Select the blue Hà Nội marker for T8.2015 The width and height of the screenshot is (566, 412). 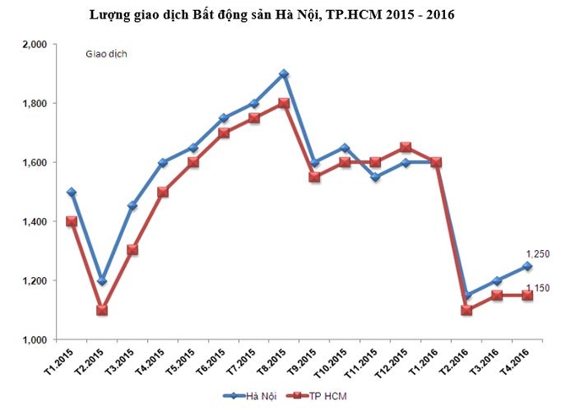click(x=284, y=74)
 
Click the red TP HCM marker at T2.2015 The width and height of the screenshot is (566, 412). click(x=101, y=310)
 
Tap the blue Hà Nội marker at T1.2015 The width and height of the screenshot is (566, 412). click(x=71, y=192)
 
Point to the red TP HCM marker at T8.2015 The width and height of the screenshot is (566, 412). click(x=284, y=104)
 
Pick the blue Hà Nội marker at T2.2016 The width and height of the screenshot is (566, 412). click(x=466, y=295)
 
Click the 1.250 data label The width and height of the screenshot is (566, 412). click(x=538, y=253)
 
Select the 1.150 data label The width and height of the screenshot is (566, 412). click(x=538, y=289)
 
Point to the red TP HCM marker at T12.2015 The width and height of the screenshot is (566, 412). click(x=405, y=148)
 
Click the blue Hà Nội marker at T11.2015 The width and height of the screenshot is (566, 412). click(x=375, y=177)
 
